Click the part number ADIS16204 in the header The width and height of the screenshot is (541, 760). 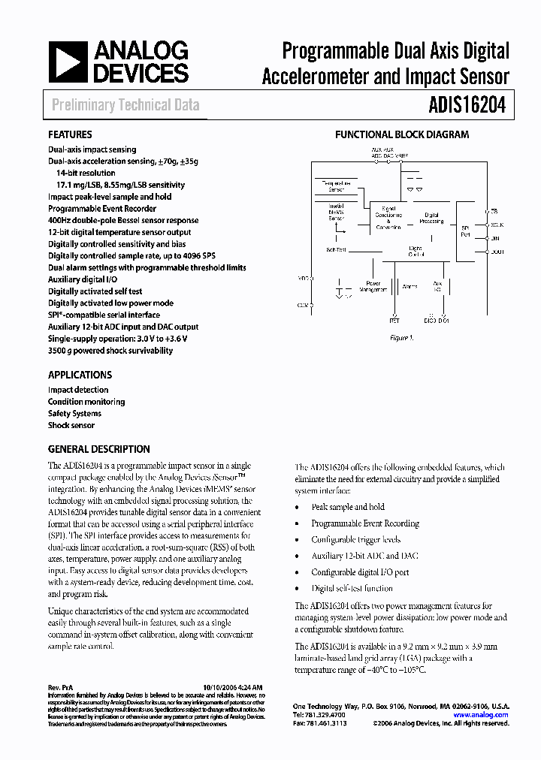coord(470,104)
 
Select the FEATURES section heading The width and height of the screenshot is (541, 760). coord(70,135)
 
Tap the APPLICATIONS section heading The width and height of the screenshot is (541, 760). coord(80,375)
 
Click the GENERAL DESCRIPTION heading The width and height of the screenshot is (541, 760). coord(98,449)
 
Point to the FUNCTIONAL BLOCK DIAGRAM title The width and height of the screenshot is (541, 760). coord(401,135)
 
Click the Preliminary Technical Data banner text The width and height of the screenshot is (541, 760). coord(125,104)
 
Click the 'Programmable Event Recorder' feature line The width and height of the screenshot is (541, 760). coord(102,209)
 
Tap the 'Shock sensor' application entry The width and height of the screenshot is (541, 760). coord(71,426)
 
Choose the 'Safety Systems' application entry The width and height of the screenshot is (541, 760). coord(74,414)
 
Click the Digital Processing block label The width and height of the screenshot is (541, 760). coord(431,219)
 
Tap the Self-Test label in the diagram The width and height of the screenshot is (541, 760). coord(336,249)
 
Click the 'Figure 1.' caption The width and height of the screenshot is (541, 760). coord(401,339)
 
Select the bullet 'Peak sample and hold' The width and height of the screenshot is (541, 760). coord(348,507)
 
